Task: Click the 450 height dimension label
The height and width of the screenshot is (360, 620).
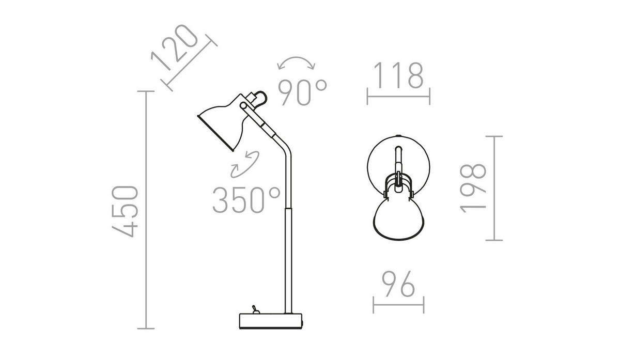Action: coord(125,211)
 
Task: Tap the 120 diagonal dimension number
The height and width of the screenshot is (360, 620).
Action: coord(175,48)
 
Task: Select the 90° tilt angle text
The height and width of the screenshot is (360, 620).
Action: coord(303,92)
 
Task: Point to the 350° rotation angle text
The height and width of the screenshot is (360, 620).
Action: coord(246,200)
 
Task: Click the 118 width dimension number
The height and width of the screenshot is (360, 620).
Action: coord(398,75)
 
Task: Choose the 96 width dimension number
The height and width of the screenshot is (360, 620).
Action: coord(398,284)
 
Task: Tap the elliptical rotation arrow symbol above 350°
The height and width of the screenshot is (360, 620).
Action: coord(245,164)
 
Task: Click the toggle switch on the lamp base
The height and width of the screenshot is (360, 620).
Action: coord(255,309)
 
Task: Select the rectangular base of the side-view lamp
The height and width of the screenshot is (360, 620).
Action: coord(271,321)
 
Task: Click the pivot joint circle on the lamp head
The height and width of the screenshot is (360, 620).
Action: coord(243,105)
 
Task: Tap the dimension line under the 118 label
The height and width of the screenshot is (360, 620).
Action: coord(398,97)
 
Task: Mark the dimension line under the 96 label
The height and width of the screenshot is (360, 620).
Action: coord(398,305)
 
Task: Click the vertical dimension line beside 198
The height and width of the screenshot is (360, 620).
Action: coord(494,188)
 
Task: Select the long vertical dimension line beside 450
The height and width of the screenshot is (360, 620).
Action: coord(146,210)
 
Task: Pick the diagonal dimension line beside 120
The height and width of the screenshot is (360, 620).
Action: coord(189,63)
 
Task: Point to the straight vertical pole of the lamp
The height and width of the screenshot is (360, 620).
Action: coord(288,260)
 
